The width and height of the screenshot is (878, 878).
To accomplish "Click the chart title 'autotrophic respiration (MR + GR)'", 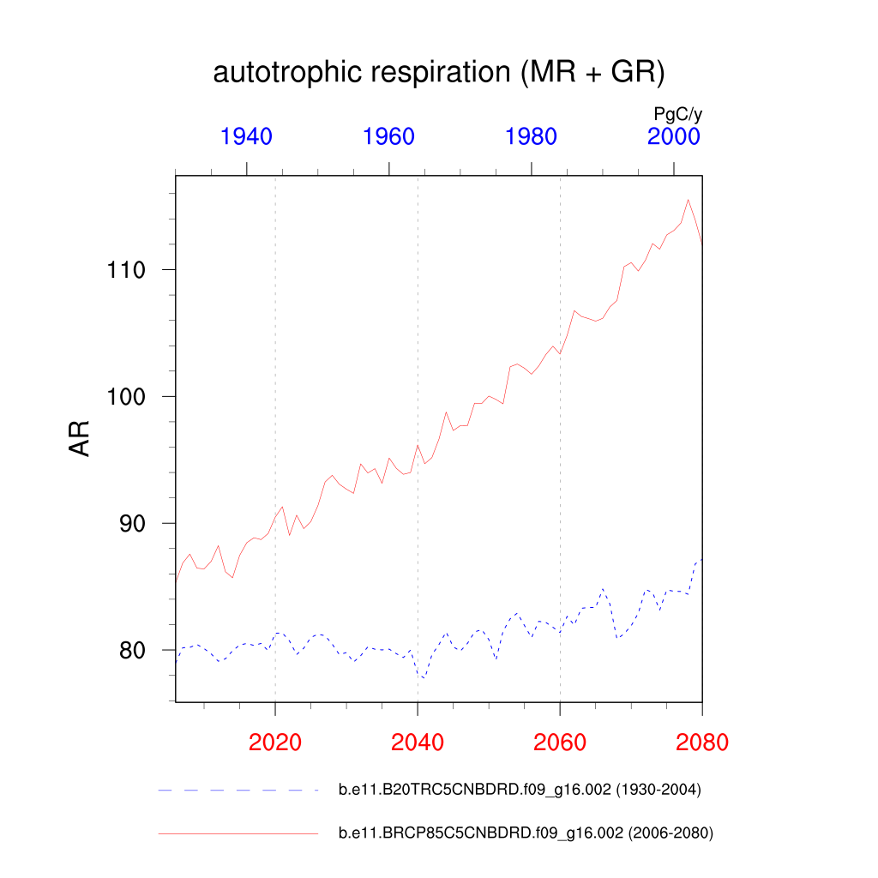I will click(x=438, y=73).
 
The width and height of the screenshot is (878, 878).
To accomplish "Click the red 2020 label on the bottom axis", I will click(x=274, y=742).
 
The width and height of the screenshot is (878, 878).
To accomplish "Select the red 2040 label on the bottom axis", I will click(x=417, y=742).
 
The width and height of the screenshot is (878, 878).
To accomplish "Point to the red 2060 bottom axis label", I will click(x=559, y=742).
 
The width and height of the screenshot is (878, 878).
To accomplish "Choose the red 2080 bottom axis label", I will click(x=701, y=742).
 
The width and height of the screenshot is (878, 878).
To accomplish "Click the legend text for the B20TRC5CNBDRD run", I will click(x=520, y=791).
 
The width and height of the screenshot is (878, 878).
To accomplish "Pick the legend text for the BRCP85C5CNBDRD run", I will click(x=526, y=833).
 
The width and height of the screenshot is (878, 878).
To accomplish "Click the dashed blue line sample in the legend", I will click(x=238, y=791).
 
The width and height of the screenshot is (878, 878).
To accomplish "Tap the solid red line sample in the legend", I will click(x=238, y=833).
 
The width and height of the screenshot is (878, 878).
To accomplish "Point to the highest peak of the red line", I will click(x=688, y=200).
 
